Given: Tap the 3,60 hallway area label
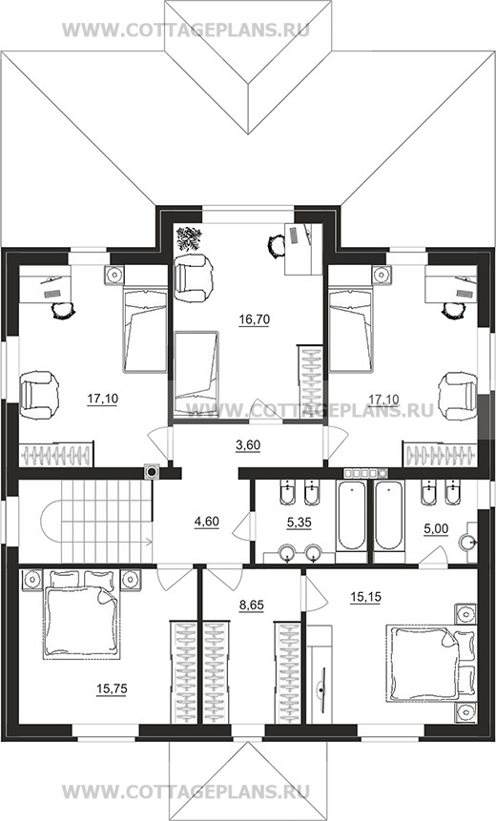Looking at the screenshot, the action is (248, 445).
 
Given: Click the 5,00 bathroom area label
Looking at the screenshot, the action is (436, 529).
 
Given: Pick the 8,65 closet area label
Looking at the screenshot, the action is (252, 605).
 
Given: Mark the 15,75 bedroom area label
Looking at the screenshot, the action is (112, 689).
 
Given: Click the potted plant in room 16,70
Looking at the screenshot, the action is (189, 238).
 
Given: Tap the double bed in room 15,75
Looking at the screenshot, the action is (81, 614).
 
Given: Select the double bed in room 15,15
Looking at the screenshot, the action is (428, 662).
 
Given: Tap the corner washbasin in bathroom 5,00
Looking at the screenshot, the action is (467, 543).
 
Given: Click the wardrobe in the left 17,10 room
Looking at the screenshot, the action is (56, 455).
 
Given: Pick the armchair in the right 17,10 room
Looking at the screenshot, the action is (459, 396).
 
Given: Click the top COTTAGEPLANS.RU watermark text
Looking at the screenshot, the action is (186, 30).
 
